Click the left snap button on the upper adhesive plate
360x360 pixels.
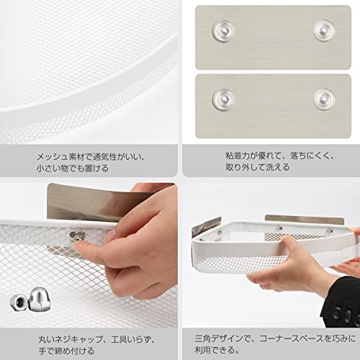223,31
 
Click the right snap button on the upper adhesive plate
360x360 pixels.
325,31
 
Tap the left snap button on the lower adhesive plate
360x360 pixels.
223,99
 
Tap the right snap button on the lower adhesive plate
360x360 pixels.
325,99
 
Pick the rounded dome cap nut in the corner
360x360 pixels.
40,299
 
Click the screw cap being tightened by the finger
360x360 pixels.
77,236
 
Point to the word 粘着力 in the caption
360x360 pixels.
238,156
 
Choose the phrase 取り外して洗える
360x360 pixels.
258,167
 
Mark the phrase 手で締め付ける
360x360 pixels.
66,351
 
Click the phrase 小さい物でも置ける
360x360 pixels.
73,168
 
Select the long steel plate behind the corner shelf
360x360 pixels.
305,220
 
